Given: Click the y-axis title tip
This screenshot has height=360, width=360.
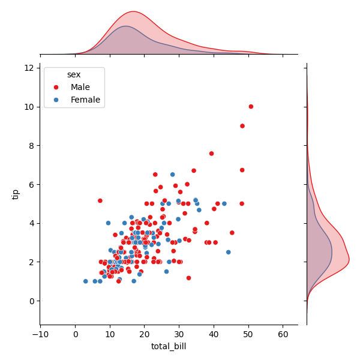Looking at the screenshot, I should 16,194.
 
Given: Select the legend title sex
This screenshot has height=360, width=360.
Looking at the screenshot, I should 74,74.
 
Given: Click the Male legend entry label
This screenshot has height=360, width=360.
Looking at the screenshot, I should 80,87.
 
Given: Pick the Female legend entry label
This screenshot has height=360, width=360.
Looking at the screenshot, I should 85,100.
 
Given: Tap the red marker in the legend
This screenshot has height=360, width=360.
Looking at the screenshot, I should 55,87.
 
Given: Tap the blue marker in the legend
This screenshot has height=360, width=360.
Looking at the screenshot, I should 55,100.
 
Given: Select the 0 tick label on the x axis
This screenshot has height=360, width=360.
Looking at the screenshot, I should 76,334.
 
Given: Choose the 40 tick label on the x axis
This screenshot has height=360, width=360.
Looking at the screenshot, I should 214,334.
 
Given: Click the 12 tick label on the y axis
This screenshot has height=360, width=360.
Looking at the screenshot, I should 28,68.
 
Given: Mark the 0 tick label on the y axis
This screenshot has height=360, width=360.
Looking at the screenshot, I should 31,301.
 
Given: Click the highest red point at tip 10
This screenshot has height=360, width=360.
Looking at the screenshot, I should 251,107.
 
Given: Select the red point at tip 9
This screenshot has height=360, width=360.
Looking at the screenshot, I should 242,126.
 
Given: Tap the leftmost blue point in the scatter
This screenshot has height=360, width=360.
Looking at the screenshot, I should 86,281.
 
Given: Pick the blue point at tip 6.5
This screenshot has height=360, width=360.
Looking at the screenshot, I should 172,175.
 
